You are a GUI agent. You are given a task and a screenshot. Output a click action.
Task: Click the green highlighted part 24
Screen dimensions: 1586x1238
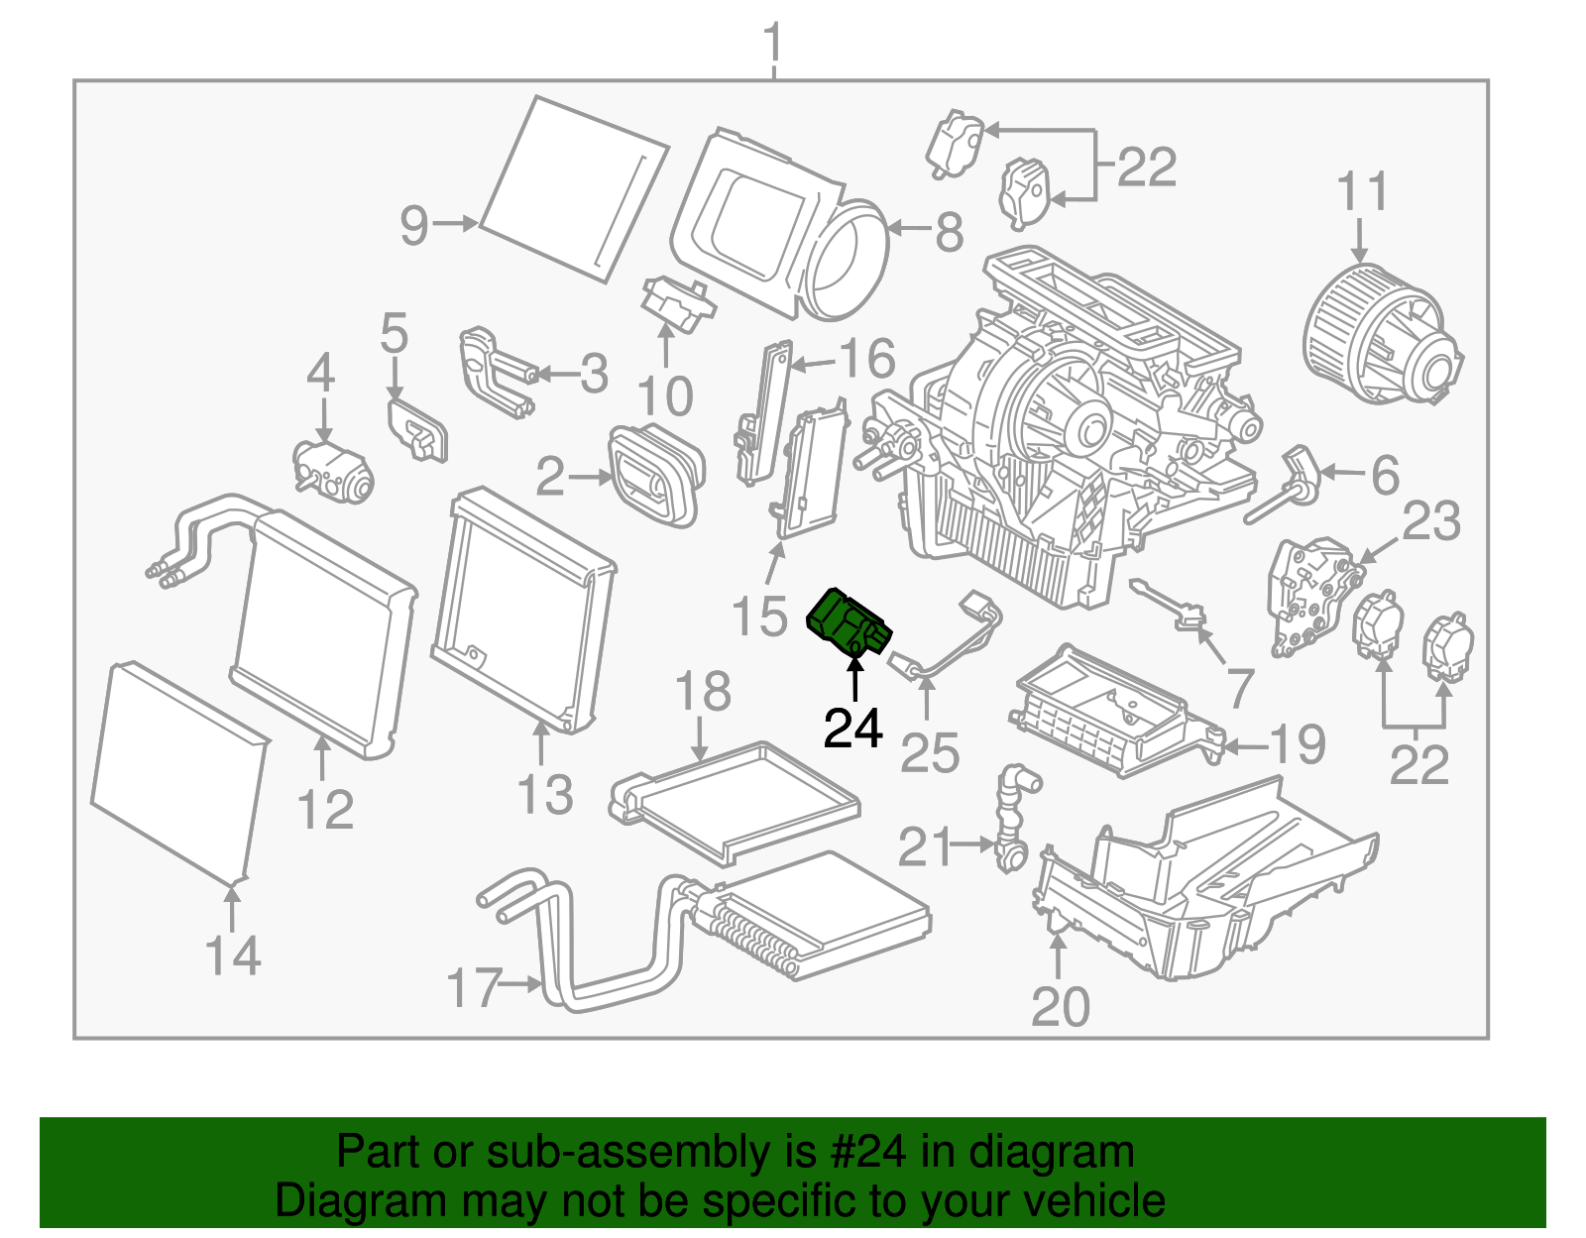pyautogui.click(x=848, y=623)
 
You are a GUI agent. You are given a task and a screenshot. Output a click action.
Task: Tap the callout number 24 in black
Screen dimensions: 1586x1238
pyautogui.click(x=852, y=729)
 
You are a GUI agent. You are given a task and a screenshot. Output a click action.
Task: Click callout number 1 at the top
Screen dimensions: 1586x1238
pyautogui.click(x=774, y=45)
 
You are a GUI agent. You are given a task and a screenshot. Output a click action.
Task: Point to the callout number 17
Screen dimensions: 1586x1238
pyautogui.click(x=474, y=987)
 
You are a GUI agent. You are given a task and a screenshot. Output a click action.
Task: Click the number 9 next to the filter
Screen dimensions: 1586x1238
pyautogui.click(x=414, y=225)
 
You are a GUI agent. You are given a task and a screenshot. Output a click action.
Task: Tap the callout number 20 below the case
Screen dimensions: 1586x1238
pyautogui.click(x=1060, y=1007)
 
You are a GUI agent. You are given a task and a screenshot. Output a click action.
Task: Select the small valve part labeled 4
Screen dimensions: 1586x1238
pyautogui.click(x=333, y=470)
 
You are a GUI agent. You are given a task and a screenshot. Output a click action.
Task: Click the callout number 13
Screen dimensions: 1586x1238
pyautogui.click(x=545, y=795)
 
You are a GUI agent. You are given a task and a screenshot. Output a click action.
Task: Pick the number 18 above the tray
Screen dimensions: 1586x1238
pyautogui.click(x=703, y=692)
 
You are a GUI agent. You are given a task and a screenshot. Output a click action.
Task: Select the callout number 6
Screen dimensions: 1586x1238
pyautogui.click(x=1385, y=475)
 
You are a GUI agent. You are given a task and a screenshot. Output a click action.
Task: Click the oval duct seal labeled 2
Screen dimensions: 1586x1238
pyautogui.click(x=655, y=475)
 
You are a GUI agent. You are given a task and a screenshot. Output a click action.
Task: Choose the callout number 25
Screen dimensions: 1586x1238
pyautogui.click(x=930, y=753)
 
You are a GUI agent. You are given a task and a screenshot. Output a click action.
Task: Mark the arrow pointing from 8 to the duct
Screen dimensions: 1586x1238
pyautogui.click(x=907, y=229)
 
